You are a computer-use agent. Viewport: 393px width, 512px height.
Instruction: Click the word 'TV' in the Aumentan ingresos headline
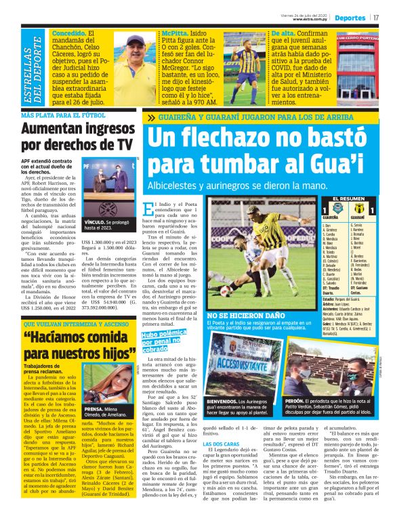(x=119, y=144)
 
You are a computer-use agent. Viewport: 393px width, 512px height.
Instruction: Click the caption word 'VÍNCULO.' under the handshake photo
(x=96, y=220)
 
